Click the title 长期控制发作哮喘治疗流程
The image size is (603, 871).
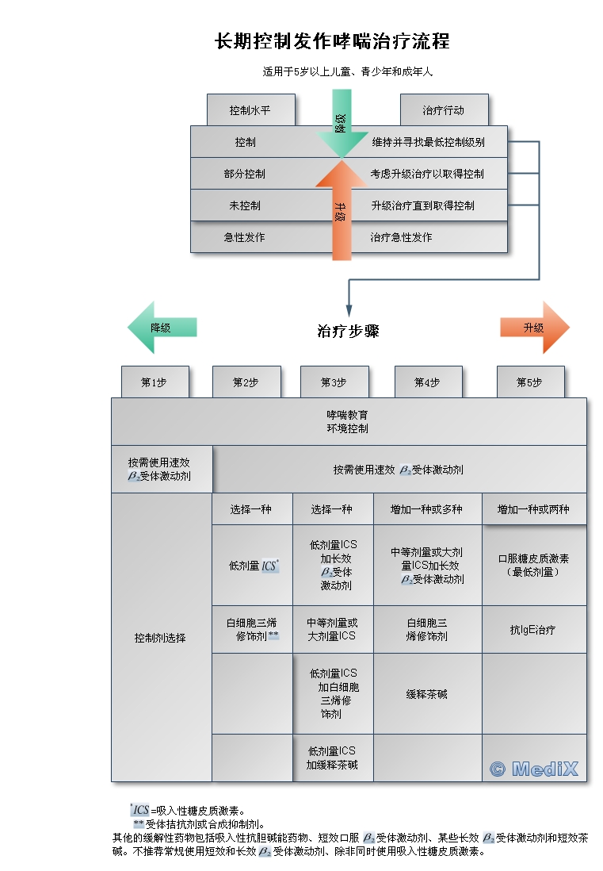[x=332, y=41]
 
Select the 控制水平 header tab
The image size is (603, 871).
[x=250, y=110]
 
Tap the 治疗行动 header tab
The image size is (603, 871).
[x=443, y=110]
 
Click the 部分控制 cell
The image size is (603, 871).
[x=245, y=174]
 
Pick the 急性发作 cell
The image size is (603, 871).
[x=245, y=237]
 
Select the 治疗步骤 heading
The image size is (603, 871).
[x=348, y=332]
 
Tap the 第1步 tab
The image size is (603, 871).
[x=155, y=382]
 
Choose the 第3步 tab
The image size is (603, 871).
[x=334, y=382]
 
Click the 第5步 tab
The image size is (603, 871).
[x=529, y=382]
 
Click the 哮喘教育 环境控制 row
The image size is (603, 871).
[x=348, y=421]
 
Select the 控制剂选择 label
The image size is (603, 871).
[x=160, y=637]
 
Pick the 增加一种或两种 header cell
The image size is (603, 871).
[x=533, y=509]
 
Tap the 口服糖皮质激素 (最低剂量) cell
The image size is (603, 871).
[x=533, y=565]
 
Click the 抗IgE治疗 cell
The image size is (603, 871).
[x=533, y=630]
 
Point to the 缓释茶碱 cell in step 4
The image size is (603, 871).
[x=427, y=694]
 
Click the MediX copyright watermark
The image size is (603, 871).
[x=534, y=768]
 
